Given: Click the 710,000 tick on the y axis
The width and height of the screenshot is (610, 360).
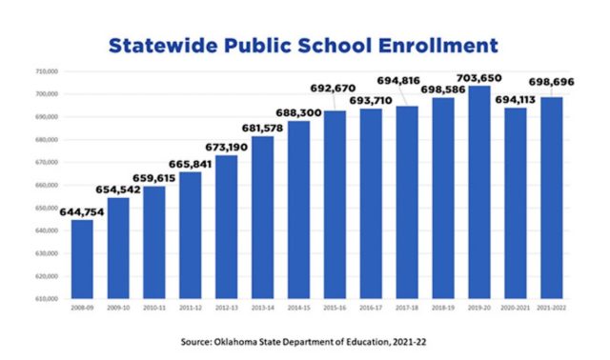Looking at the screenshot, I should tap(48, 71).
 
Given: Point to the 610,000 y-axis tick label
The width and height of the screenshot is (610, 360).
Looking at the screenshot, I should tap(48, 299).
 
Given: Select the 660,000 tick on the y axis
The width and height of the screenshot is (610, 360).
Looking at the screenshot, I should tap(48, 186).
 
